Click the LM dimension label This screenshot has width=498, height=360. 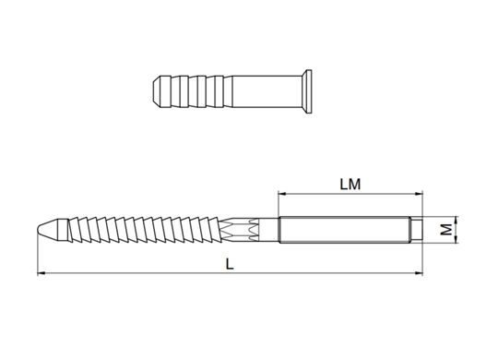coord(350,185)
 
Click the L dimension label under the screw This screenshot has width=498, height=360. coord(230,264)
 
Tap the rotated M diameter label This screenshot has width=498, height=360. coord(447,229)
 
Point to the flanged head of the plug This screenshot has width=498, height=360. coord(307,91)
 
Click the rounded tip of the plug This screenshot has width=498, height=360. coord(156,91)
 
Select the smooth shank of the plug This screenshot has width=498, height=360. coord(267,91)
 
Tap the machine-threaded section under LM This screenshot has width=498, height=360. coord(344,230)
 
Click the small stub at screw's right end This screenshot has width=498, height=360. coord(416,230)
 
